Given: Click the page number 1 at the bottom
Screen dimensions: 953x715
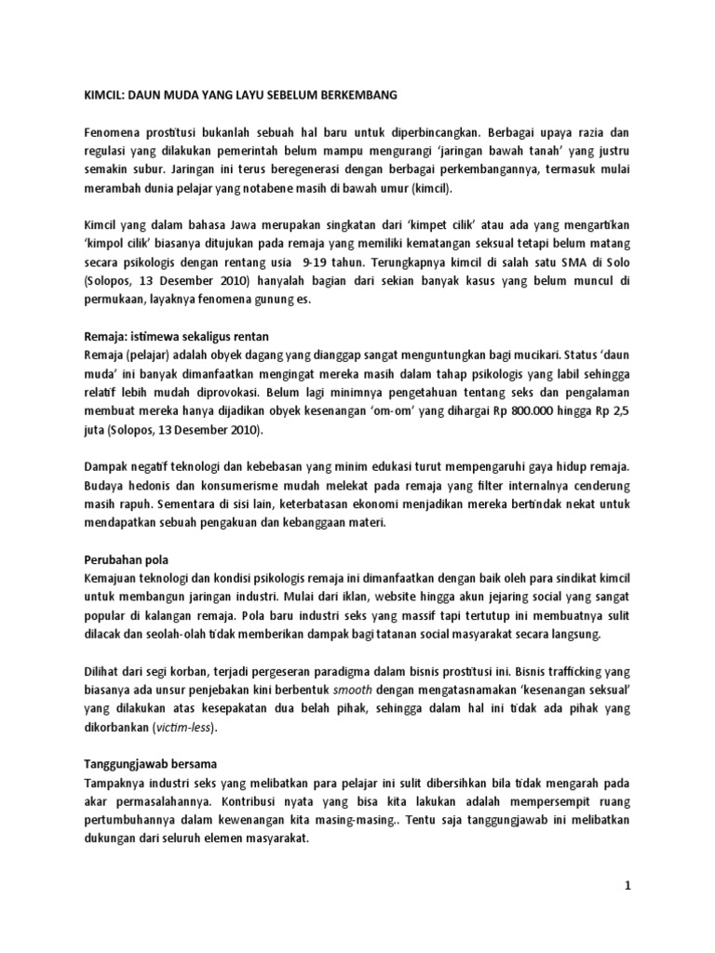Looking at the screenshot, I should point(627,885).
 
